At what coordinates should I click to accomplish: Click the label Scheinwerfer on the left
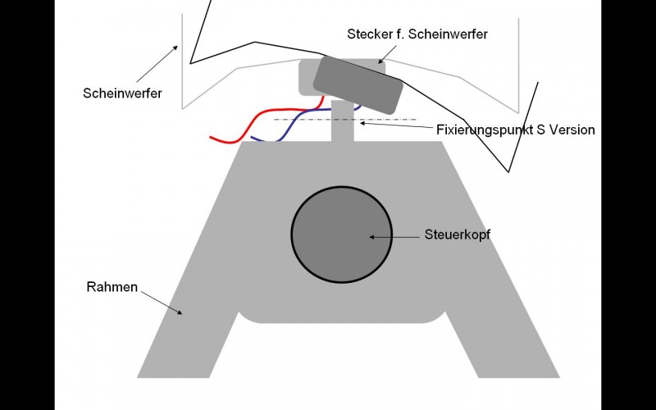click(122, 93)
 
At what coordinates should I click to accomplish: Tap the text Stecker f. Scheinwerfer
click(417, 34)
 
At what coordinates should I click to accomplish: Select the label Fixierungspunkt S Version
click(516, 130)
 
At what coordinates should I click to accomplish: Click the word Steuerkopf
click(458, 235)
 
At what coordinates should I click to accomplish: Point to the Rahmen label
click(112, 287)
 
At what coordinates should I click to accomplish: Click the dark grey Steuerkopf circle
click(342, 235)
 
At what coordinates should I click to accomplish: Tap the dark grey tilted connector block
click(358, 85)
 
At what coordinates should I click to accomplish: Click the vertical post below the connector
click(343, 121)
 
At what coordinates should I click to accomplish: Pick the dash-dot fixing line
click(345, 120)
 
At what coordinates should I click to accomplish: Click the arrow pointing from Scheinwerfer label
click(157, 64)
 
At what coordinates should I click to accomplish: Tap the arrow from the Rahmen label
click(162, 303)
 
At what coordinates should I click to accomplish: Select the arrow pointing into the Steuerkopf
click(394, 237)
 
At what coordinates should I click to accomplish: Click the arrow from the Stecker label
click(387, 54)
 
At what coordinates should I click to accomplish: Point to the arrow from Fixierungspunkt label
click(396, 125)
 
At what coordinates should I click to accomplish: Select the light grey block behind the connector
click(307, 77)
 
